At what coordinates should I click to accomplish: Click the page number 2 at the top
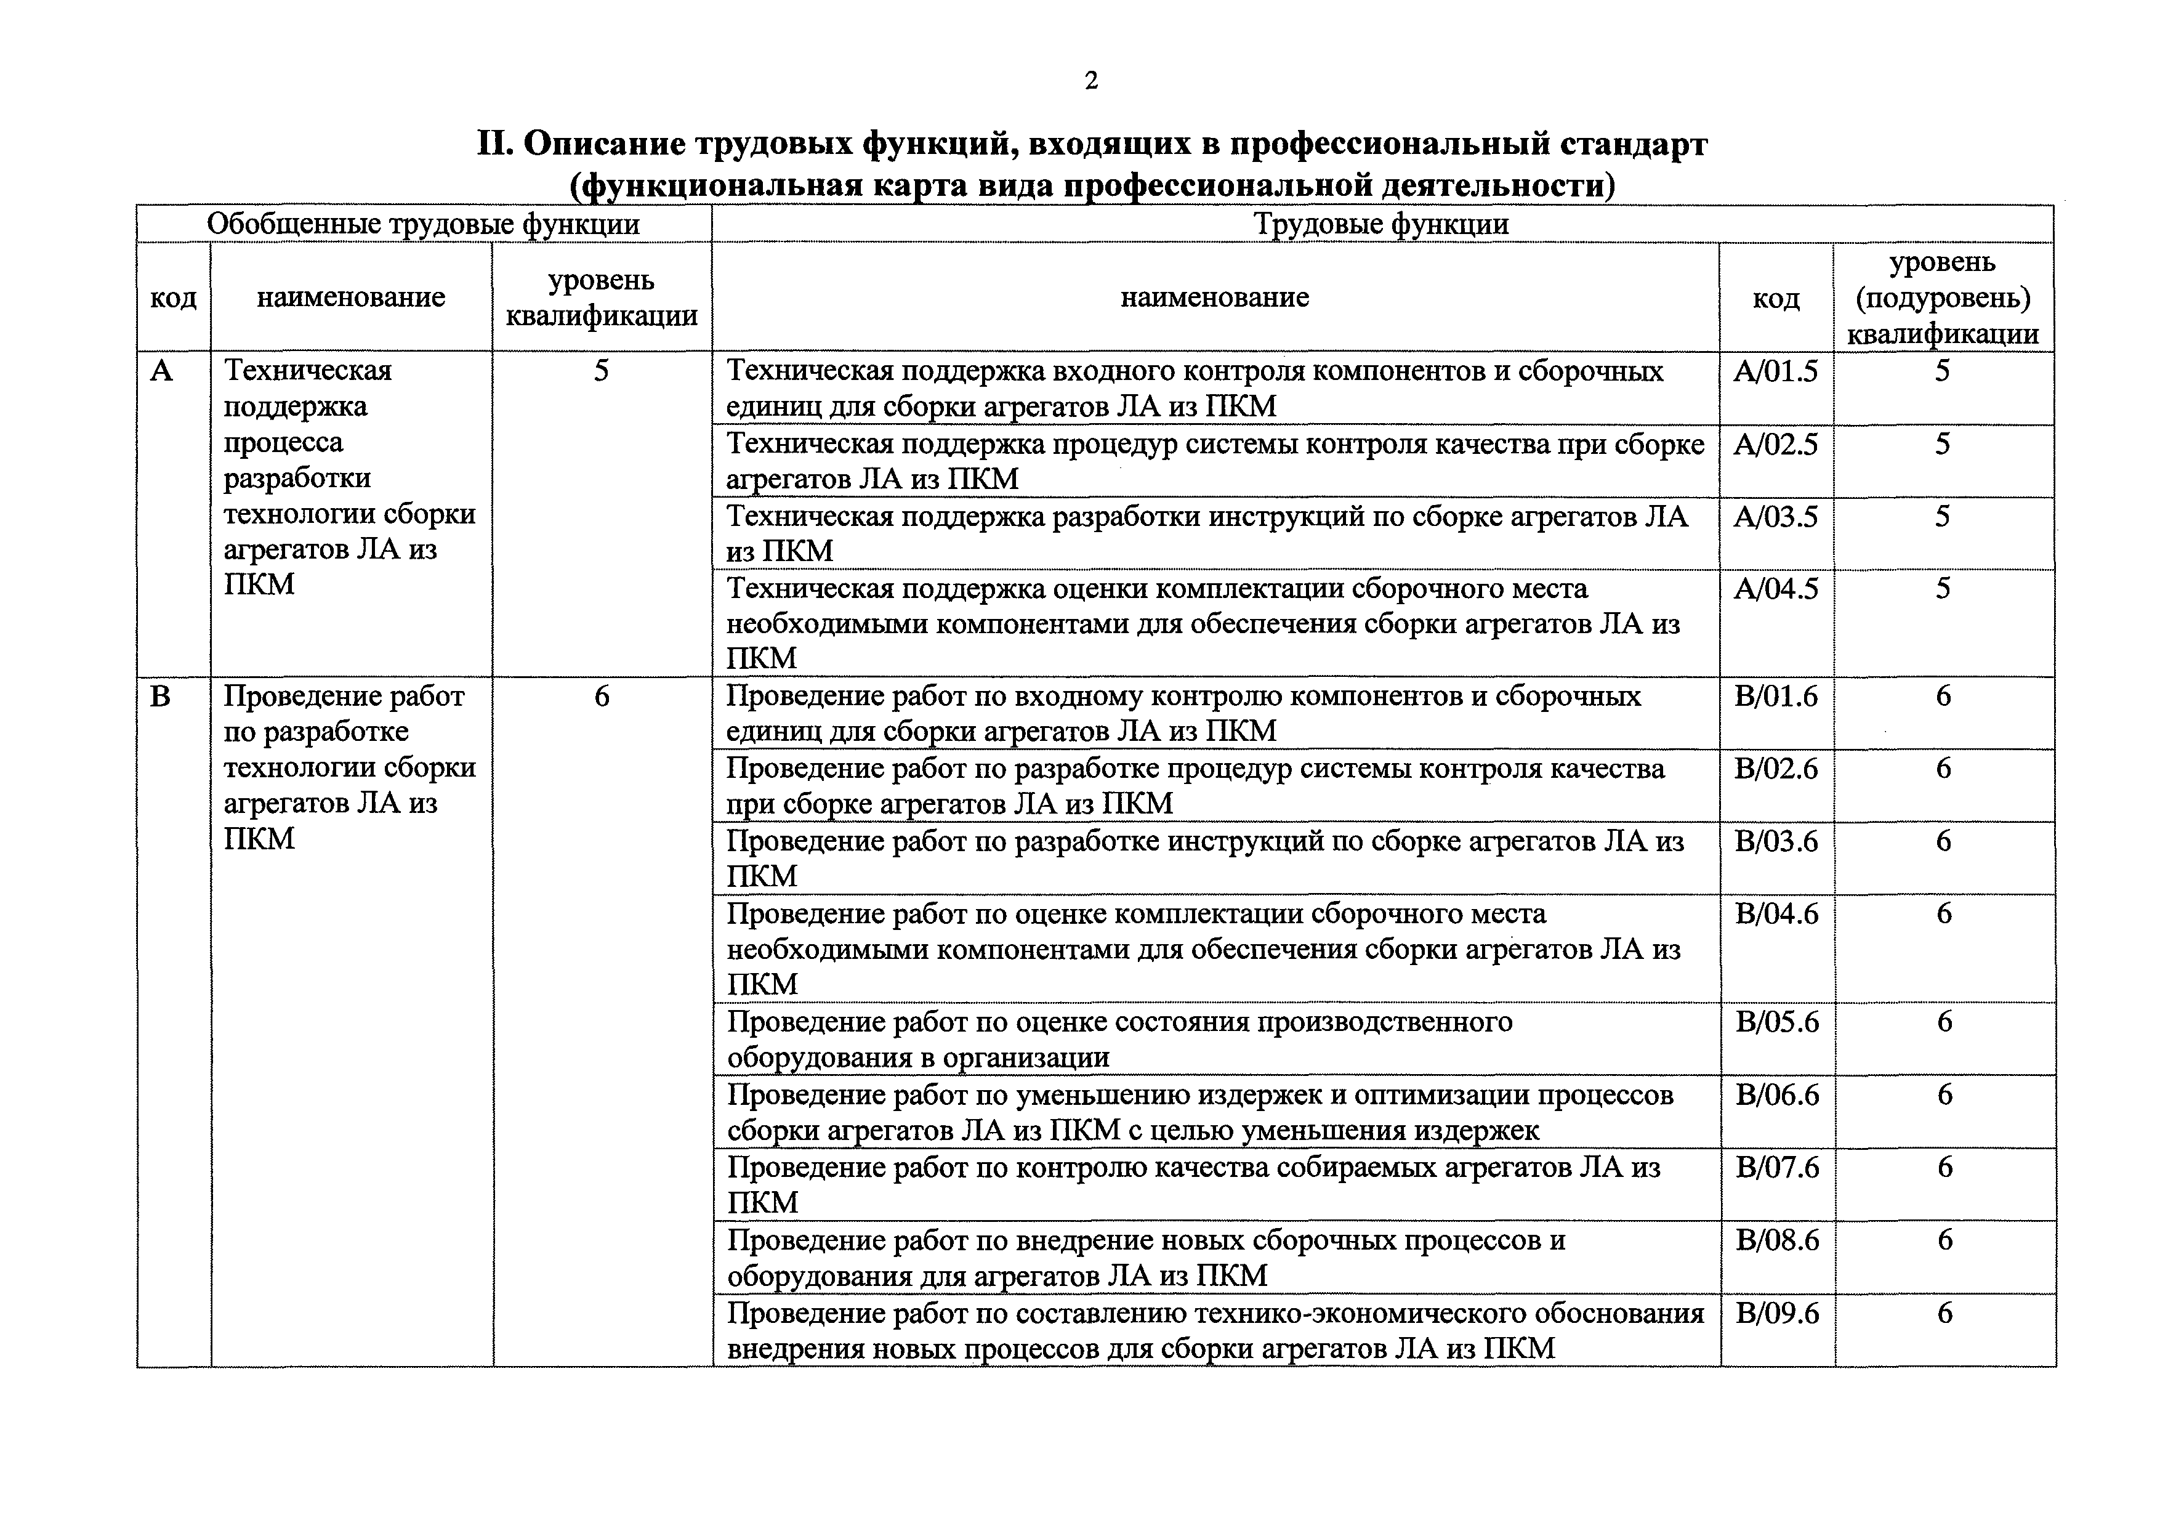tap(1090, 81)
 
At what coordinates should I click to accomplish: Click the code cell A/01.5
tap(1775, 371)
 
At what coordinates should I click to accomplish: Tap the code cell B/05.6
tap(1777, 1022)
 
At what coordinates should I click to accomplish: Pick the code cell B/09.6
tap(1777, 1312)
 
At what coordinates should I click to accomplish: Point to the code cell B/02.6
tap(1776, 769)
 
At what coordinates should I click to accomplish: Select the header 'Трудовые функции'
tap(1381, 224)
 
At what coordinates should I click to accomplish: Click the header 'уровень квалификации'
tap(601, 297)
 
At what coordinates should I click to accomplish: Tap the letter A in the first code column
tap(162, 371)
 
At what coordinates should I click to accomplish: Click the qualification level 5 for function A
tap(601, 371)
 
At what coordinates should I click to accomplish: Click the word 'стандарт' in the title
tap(1635, 145)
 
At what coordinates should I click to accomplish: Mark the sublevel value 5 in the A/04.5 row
tap(1943, 589)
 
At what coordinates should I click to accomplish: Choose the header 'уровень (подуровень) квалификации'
tap(1943, 297)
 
